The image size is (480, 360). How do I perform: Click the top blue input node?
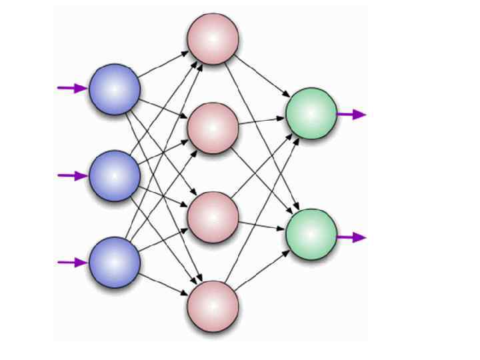click(x=115, y=89)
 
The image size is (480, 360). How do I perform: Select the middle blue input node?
click(x=115, y=175)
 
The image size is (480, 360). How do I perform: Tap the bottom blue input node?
click(x=115, y=262)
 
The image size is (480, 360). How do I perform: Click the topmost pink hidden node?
click(x=213, y=39)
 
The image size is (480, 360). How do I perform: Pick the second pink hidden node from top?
click(x=213, y=128)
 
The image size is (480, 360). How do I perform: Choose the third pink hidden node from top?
click(x=213, y=217)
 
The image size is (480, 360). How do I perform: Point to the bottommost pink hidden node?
click(x=213, y=306)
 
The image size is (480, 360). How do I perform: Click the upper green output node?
click(x=311, y=113)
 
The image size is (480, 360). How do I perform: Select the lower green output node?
click(x=311, y=234)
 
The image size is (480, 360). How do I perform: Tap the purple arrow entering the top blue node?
click(x=72, y=88)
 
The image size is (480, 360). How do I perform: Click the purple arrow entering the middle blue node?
click(x=72, y=175)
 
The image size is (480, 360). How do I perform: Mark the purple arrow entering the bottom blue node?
click(x=72, y=262)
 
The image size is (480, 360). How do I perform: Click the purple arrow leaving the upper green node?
click(x=351, y=114)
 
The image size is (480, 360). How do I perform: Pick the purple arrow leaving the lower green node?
click(x=351, y=237)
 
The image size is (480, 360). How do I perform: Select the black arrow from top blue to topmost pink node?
click(x=164, y=64)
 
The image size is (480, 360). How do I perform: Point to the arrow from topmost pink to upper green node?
click(x=262, y=76)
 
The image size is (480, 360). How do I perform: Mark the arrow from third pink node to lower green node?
click(x=262, y=226)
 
